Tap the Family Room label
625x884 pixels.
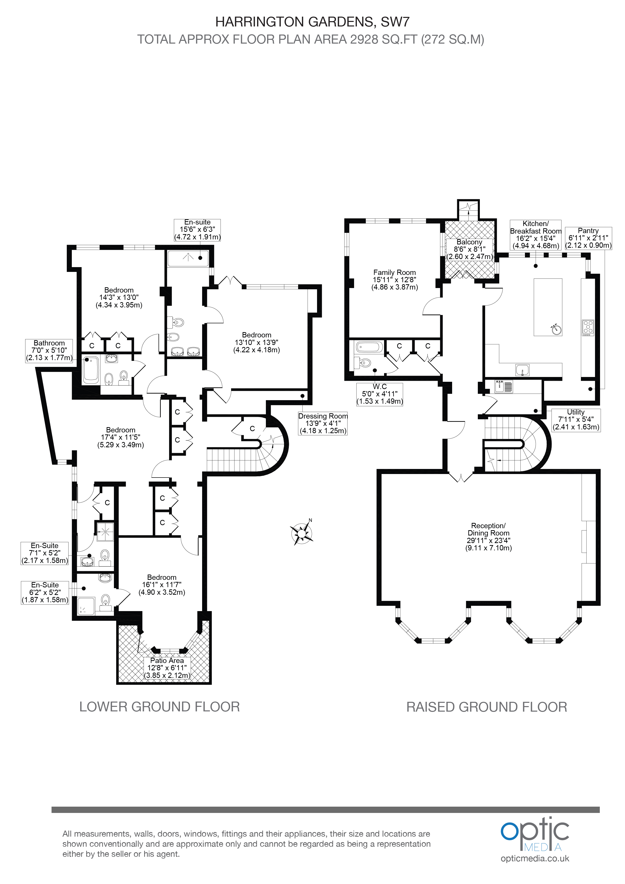(394, 279)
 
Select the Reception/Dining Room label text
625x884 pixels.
(488, 537)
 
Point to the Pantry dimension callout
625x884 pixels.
(588, 238)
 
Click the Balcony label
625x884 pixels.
(470, 249)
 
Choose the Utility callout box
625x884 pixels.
(576, 420)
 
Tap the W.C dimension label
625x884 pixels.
(380, 394)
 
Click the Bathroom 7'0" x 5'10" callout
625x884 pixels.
(49, 350)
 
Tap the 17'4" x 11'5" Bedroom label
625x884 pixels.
(120, 437)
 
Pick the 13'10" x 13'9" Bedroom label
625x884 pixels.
(257, 342)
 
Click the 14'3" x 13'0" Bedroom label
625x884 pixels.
(119, 297)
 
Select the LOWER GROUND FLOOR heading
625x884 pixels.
(160, 707)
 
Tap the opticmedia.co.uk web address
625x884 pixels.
(535, 859)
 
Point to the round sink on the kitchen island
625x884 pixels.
(555, 329)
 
